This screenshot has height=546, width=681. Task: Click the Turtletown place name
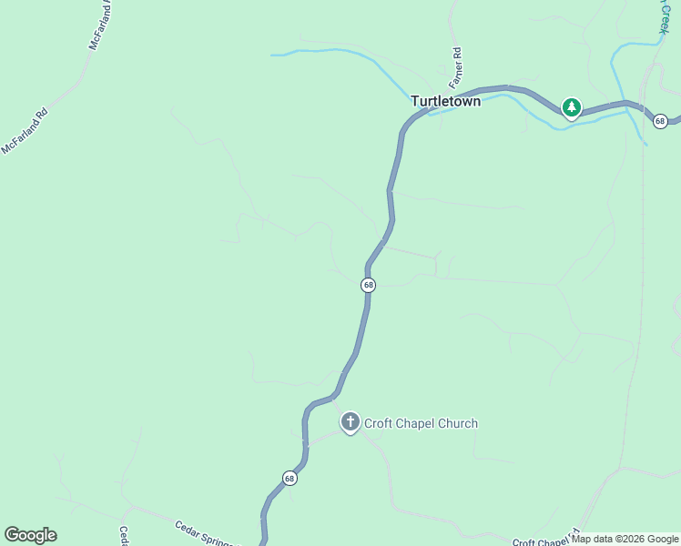[x=445, y=101]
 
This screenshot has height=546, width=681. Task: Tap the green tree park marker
[x=571, y=108]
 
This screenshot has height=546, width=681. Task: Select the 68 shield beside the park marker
[x=660, y=121]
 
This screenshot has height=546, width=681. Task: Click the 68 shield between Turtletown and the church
[x=368, y=285]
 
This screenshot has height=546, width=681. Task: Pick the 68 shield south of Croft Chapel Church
[x=290, y=479]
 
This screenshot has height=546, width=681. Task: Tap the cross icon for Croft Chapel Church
[x=350, y=422]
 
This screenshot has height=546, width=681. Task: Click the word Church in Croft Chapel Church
[x=458, y=423]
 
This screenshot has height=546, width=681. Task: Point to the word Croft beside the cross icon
[x=379, y=423]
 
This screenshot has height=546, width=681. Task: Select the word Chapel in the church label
[x=416, y=423]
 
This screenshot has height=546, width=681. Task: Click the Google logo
[x=30, y=535]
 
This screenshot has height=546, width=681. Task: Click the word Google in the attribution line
[x=664, y=540]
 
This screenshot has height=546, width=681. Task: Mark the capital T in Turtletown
[x=415, y=101]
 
